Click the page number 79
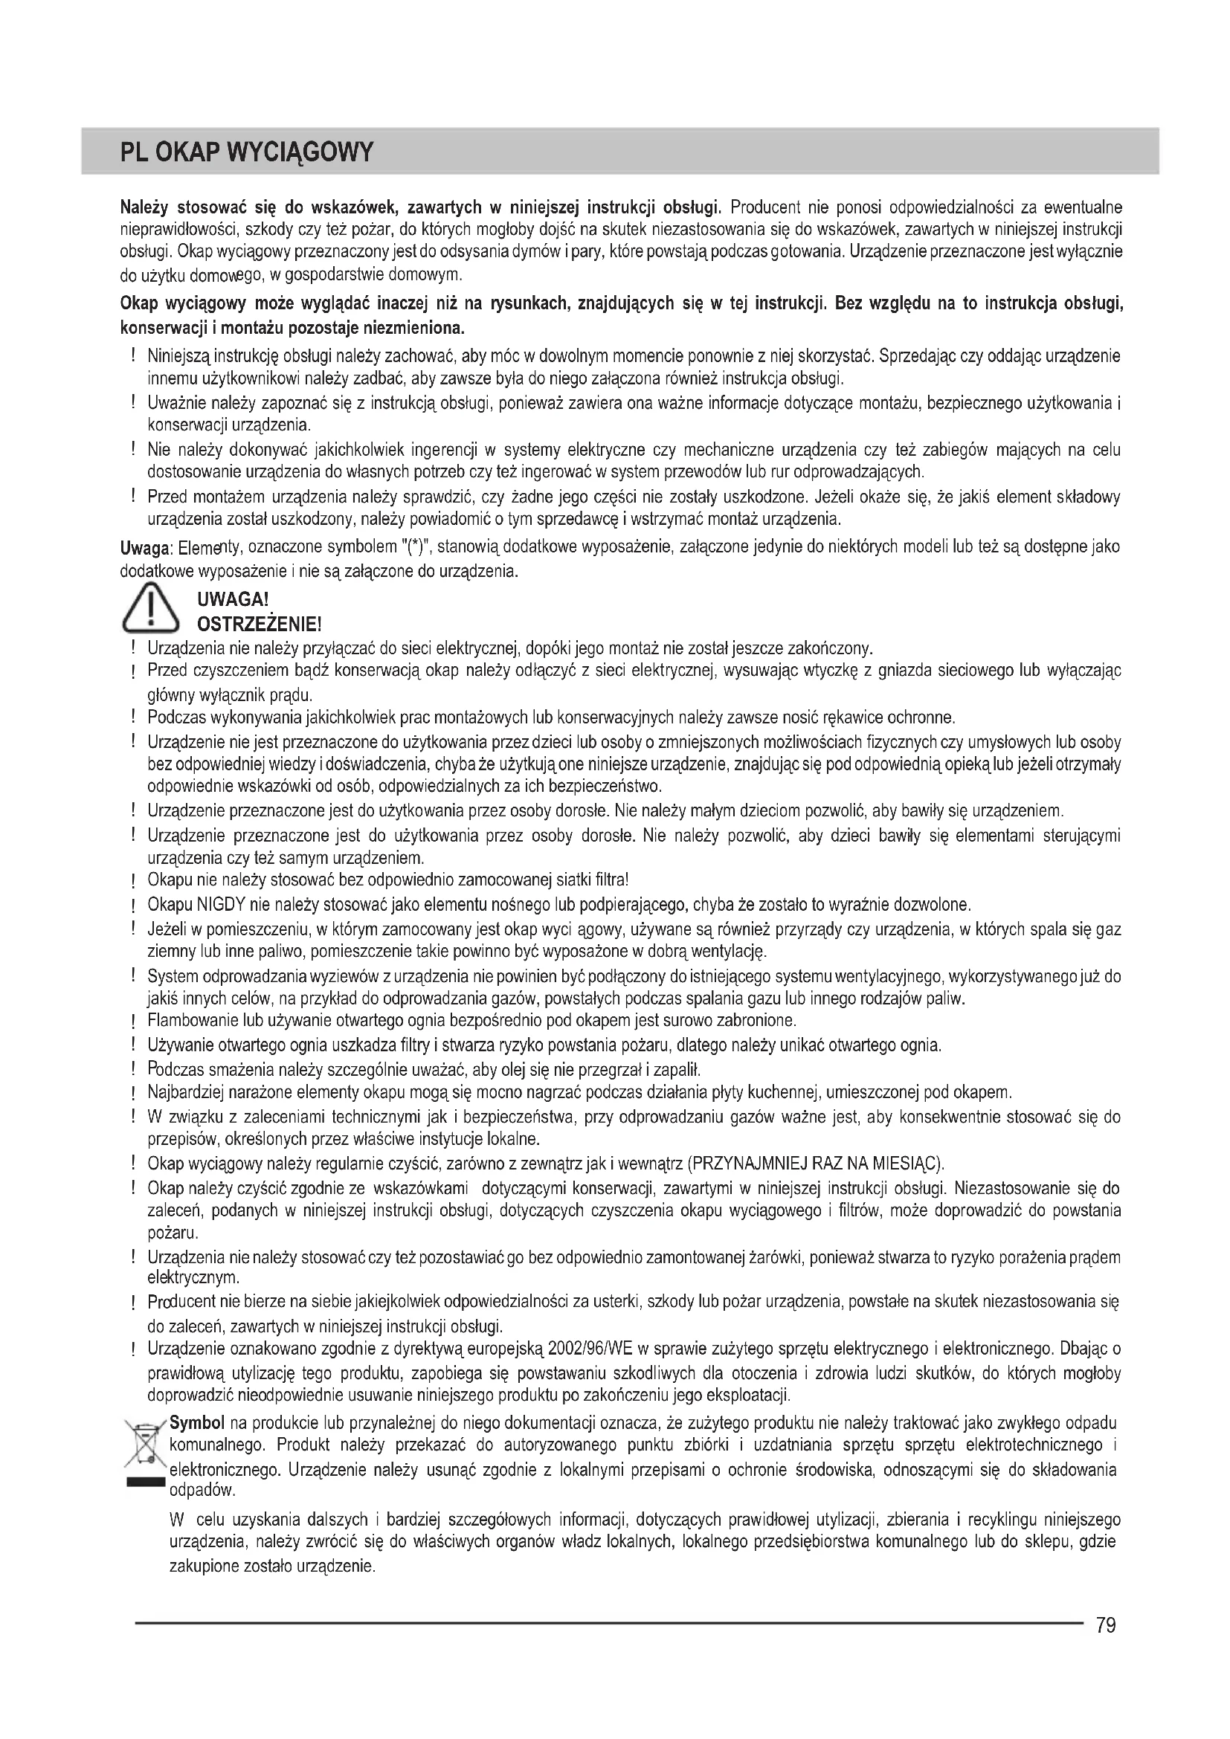click(x=1105, y=1625)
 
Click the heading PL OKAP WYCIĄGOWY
click(x=247, y=152)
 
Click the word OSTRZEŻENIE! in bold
click(x=259, y=625)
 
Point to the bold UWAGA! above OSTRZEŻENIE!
click(x=233, y=600)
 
